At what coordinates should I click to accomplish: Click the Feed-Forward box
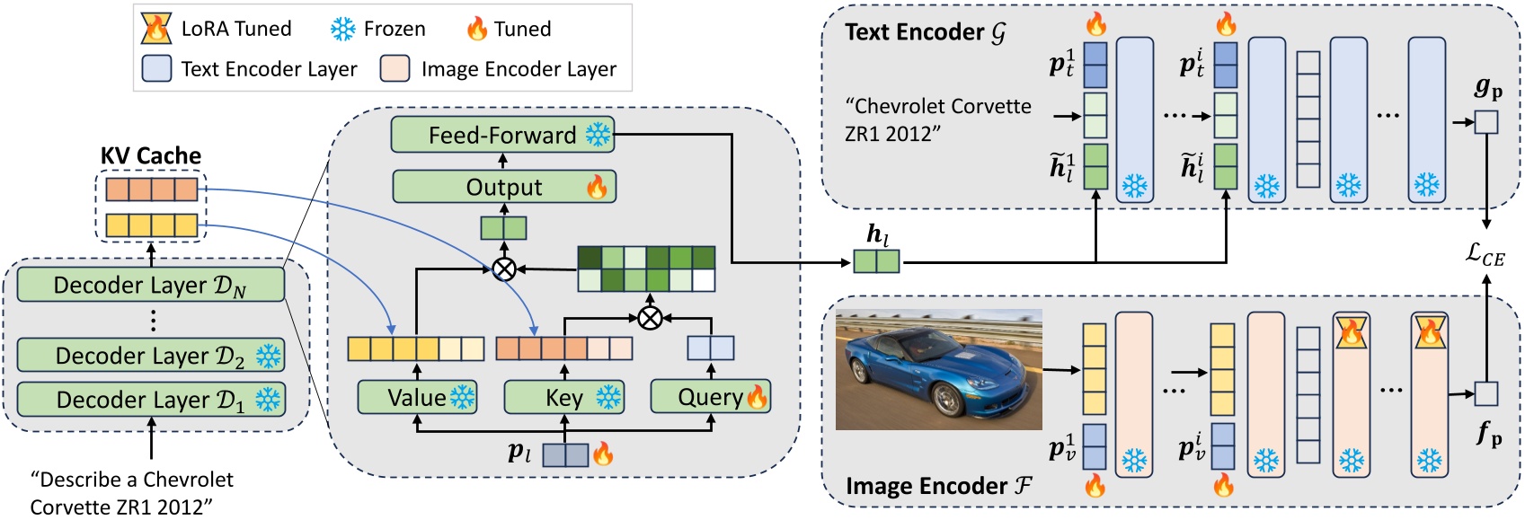(502, 135)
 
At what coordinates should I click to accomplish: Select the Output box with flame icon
(504, 187)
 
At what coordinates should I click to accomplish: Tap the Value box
(417, 397)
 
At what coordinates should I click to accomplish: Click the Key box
(563, 397)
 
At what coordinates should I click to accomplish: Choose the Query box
(710, 397)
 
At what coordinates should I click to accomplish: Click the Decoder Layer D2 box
(151, 356)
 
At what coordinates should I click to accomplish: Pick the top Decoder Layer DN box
(151, 285)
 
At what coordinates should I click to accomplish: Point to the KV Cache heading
(150, 155)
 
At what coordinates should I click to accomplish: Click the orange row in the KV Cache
(151, 189)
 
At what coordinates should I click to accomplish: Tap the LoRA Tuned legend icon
(155, 29)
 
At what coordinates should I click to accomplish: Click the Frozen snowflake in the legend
(342, 29)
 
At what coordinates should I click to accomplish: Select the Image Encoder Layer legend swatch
(395, 69)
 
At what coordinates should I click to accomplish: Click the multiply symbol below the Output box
(504, 269)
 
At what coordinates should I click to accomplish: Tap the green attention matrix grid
(646, 269)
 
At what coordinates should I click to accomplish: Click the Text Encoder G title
(925, 32)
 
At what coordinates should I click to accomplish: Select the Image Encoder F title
(938, 486)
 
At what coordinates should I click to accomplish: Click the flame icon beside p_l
(603, 454)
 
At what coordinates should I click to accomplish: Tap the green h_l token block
(875, 261)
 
